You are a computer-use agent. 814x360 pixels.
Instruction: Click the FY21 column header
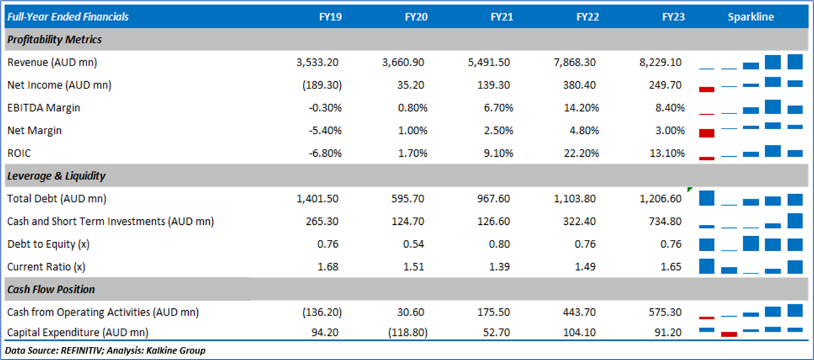(x=501, y=17)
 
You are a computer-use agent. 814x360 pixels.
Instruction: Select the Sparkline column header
(x=751, y=17)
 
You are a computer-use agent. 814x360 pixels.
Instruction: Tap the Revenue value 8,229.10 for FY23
(x=661, y=63)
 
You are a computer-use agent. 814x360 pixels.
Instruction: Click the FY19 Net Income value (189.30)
(x=323, y=85)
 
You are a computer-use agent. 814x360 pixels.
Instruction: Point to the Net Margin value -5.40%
(x=325, y=131)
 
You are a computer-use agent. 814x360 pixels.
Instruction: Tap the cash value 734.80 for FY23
(x=666, y=222)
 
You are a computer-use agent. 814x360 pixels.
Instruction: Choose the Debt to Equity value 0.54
(x=417, y=245)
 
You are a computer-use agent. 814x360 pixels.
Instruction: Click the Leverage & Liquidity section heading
(x=56, y=176)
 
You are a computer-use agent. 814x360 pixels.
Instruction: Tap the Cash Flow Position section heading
(x=50, y=290)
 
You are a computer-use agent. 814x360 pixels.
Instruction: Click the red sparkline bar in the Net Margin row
(x=706, y=132)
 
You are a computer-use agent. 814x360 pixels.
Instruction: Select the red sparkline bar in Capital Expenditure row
(x=729, y=334)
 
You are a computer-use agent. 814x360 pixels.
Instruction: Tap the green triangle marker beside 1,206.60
(x=690, y=189)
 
